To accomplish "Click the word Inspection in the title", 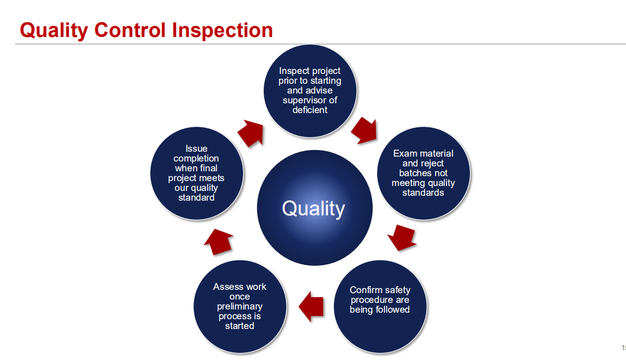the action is coord(222,30).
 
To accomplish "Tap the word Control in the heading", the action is coord(130,30).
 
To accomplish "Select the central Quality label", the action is coord(313,209).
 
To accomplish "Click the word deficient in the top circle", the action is coord(310,110).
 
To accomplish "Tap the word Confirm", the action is coord(364,290).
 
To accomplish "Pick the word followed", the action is coord(393,309).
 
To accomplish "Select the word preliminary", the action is coord(239,307).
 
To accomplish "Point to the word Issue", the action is coord(196,148).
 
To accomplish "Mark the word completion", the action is coord(196,158).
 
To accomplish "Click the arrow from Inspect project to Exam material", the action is coord(364,131).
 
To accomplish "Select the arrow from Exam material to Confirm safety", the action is coord(402,238).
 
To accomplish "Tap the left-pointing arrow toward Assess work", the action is coord(311,307).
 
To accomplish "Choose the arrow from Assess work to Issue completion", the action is coord(219,242).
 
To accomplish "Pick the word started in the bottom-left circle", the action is coord(239,326).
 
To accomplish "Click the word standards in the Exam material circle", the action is coord(423,193).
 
